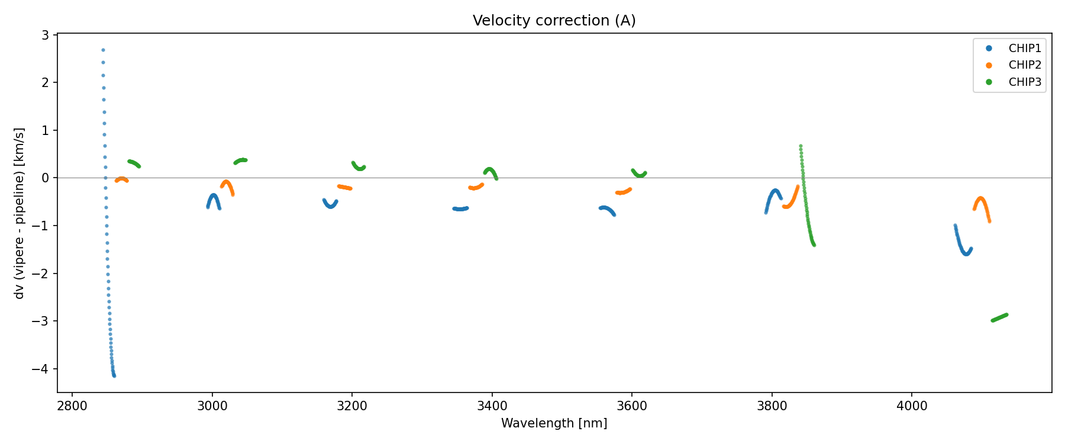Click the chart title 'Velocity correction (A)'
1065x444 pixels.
pos(554,21)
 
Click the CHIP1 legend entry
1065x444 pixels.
pos(1024,49)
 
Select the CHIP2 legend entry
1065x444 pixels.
pos(1024,65)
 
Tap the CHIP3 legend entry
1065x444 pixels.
pos(1024,82)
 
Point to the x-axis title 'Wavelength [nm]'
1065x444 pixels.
pos(554,423)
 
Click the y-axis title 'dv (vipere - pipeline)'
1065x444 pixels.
pos(20,213)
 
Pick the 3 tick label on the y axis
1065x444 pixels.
pos(45,35)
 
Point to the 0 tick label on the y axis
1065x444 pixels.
pos(45,178)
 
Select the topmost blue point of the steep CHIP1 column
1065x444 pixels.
pos(103,50)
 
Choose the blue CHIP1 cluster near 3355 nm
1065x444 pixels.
pos(460,209)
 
